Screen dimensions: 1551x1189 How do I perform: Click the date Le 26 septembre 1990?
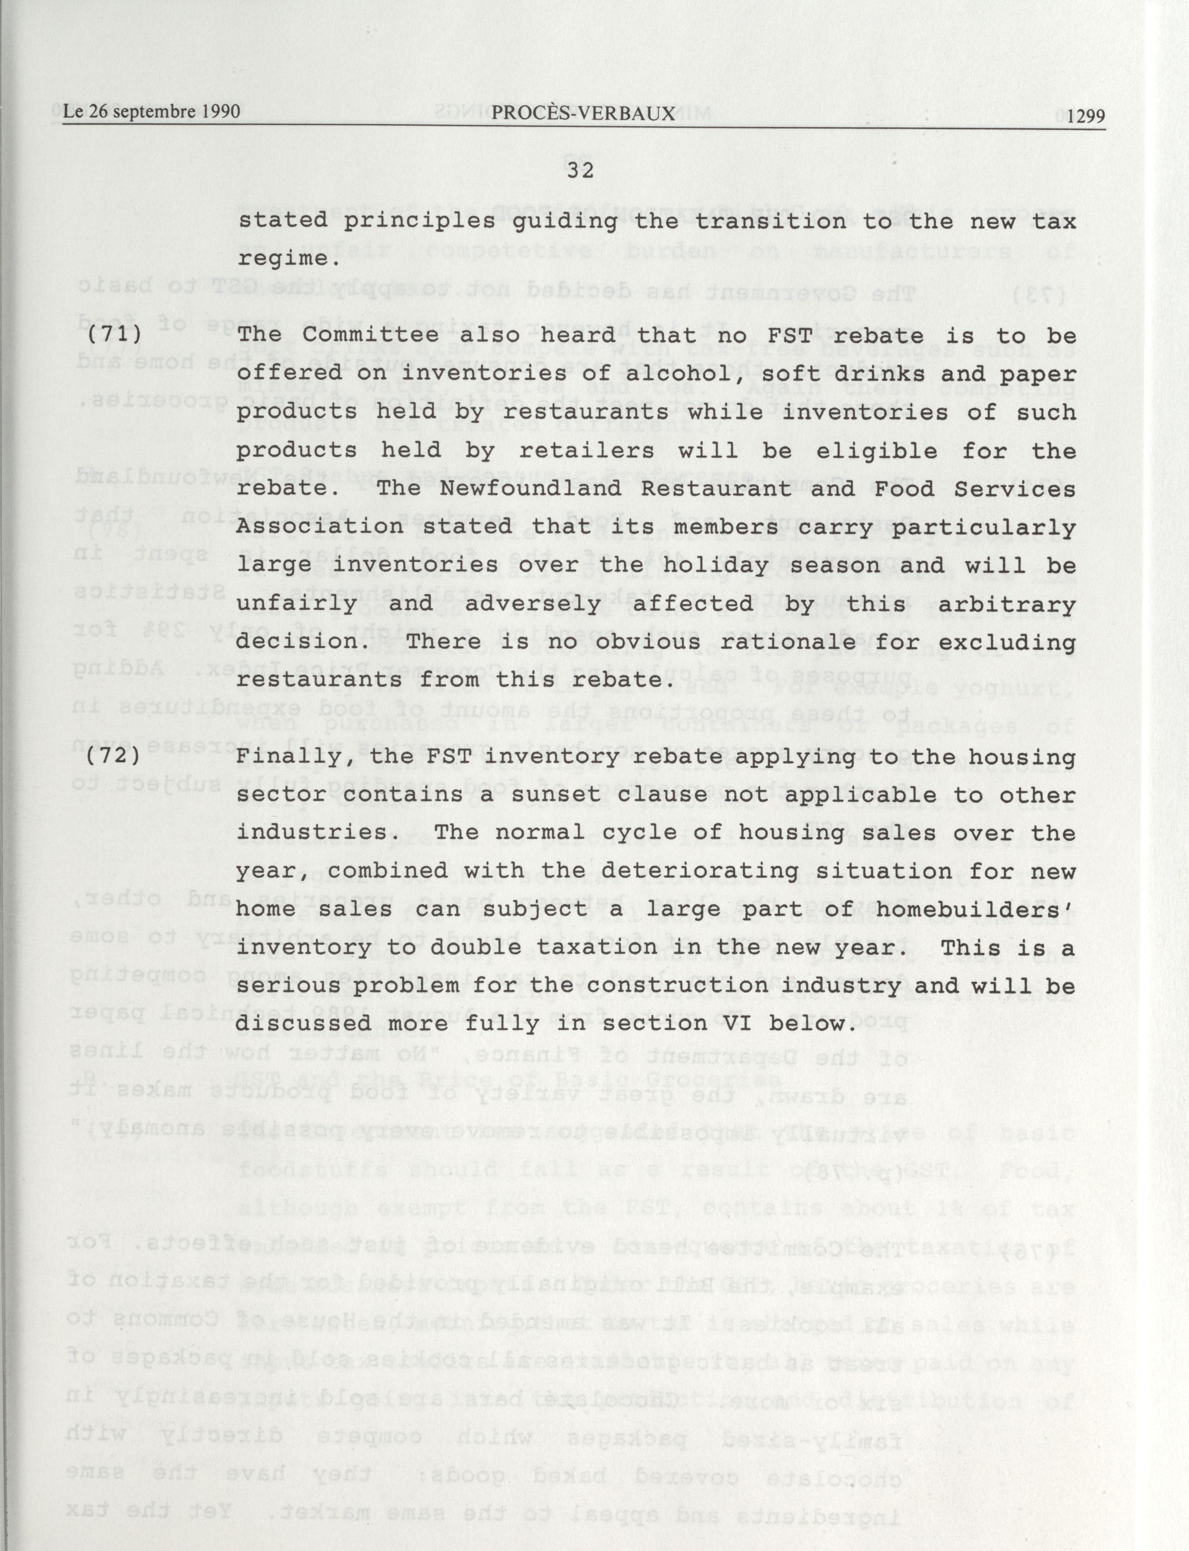[151, 112]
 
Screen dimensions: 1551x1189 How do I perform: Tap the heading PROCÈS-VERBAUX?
[583, 113]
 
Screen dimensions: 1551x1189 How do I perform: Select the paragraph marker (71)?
[114, 333]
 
